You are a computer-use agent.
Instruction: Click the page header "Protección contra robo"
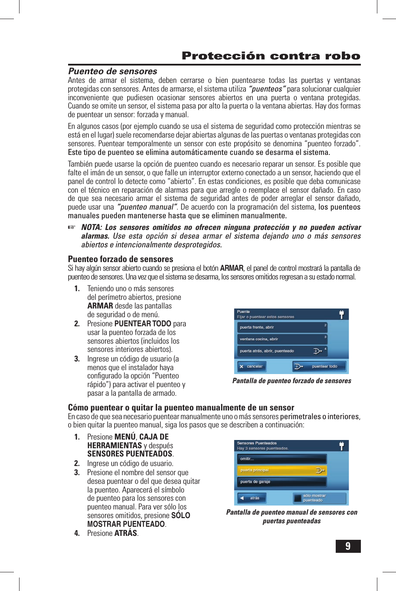(x=271, y=56)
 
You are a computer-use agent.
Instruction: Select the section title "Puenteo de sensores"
(x=112, y=71)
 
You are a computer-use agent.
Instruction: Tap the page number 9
(x=348, y=546)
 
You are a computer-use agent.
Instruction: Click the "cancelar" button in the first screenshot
(x=252, y=367)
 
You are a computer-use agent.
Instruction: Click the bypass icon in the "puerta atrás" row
(x=317, y=351)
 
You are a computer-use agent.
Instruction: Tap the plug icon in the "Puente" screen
(x=341, y=315)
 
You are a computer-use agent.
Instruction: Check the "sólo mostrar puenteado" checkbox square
(x=298, y=499)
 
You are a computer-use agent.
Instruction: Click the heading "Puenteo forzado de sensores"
(x=121, y=259)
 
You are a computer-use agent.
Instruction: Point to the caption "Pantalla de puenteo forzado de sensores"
(x=291, y=381)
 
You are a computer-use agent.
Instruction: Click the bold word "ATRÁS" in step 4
(x=125, y=533)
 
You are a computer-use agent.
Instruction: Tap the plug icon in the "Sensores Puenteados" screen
(x=341, y=446)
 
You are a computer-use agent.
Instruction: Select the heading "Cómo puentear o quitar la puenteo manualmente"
(x=181, y=407)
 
